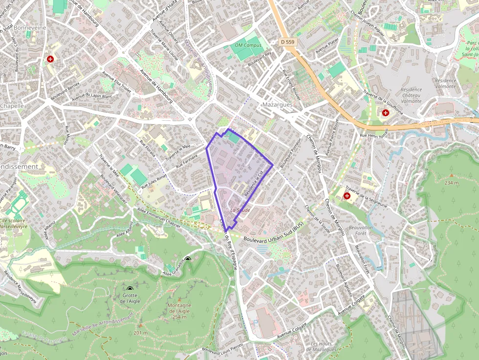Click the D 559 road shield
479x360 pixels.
click(288, 42)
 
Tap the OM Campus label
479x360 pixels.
click(248, 45)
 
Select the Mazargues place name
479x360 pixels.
click(277, 105)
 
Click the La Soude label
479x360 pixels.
click(240, 210)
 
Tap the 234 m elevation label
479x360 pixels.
click(452, 183)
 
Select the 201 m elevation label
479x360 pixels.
click(140, 333)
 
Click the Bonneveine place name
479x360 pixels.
click(30, 28)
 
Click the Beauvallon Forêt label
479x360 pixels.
click(361, 231)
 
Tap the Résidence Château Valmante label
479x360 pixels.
click(411, 95)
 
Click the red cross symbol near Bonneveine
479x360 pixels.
click(50, 59)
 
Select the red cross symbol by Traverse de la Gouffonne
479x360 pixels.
click(386, 113)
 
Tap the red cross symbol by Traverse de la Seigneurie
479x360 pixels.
click(347, 196)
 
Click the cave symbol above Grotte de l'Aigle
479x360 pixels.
click(130, 289)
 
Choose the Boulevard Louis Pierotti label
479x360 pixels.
click(222, 350)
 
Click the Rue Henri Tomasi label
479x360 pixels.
click(373, 133)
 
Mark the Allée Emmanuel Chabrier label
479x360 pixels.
click(159, 215)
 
